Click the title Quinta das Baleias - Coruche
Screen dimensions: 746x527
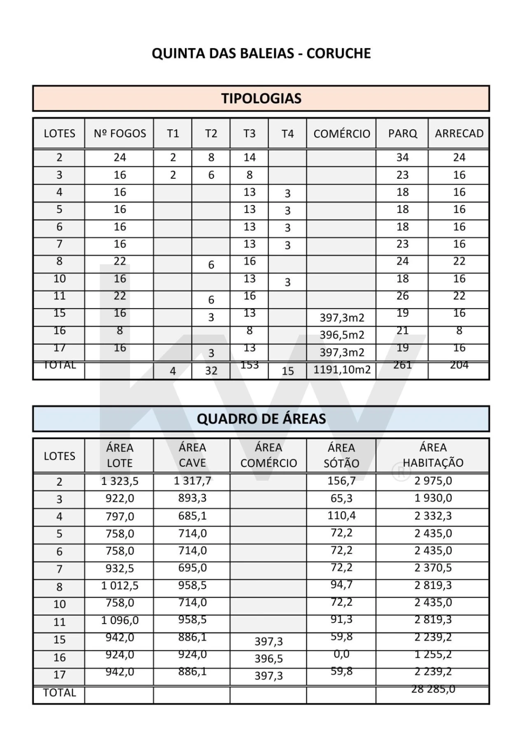click(x=261, y=53)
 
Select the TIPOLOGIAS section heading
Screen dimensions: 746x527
click(x=261, y=98)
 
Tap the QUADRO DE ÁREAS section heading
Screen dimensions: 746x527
click(x=261, y=419)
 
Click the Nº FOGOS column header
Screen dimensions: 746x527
click(x=119, y=133)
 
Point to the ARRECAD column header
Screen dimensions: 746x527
click(x=459, y=133)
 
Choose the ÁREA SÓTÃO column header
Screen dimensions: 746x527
click(x=341, y=455)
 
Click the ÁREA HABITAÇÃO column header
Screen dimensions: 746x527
click(x=433, y=455)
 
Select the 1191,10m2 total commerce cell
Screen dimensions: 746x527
click(x=342, y=369)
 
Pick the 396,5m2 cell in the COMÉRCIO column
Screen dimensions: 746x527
click(x=342, y=334)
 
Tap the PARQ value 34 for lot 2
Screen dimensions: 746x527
click(x=402, y=157)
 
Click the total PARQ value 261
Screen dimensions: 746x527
click(x=402, y=365)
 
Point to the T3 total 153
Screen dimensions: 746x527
click(x=250, y=365)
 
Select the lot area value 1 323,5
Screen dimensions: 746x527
click(x=119, y=481)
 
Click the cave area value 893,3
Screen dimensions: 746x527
click(x=192, y=498)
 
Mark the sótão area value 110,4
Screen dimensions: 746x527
click(x=341, y=515)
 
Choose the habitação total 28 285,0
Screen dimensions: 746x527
click(x=433, y=689)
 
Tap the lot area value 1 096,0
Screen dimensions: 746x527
click(x=119, y=620)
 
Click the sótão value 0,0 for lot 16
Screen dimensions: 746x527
click(x=341, y=654)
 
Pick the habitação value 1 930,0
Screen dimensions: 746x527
click(x=433, y=498)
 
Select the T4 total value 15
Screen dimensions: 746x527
click(x=287, y=371)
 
